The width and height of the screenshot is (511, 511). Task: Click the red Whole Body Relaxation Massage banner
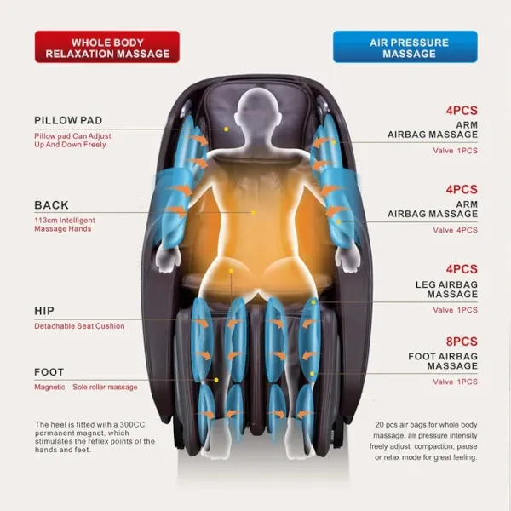107,47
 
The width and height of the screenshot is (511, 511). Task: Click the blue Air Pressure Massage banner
405,47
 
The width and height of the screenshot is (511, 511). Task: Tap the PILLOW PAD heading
68,120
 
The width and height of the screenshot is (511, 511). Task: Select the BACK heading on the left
51,205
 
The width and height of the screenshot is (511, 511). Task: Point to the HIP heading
44,311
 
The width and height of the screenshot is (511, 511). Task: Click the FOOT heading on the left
49,372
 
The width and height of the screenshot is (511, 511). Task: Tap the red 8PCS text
462,342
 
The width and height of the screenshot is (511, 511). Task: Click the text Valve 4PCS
456,230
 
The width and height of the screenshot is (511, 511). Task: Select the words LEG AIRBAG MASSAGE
446,290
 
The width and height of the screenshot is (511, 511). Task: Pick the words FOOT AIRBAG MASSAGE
443,361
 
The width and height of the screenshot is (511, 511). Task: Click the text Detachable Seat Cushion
79,326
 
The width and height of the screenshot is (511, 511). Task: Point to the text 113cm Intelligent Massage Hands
65,224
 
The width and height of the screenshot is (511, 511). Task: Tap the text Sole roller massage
105,387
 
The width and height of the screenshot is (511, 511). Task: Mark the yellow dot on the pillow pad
227,129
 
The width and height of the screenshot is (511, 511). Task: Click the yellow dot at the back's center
253,212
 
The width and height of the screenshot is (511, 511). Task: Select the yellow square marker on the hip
231,271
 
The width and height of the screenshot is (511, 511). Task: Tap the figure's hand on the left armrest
168,259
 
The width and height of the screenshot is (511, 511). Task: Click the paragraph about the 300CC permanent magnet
95,437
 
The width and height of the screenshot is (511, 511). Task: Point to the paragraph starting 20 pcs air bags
423,441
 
